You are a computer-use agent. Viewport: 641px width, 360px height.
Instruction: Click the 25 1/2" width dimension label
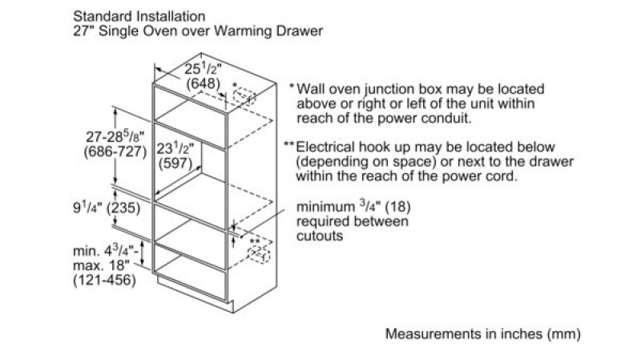click(203, 69)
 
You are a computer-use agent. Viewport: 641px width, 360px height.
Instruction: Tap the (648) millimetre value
click(204, 83)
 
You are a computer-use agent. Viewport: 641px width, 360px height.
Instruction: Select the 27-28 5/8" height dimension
click(115, 136)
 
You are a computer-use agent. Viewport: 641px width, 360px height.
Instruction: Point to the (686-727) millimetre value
click(115, 152)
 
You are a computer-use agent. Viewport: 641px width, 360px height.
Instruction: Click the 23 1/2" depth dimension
click(175, 148)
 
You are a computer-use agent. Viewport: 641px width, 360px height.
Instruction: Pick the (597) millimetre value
click(175, 164)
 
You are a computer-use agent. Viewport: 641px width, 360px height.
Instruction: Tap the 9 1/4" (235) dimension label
click(107, 208)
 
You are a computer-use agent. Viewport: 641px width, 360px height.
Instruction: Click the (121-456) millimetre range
click(104, 281)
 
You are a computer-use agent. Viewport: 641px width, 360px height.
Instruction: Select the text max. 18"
click(101, 265)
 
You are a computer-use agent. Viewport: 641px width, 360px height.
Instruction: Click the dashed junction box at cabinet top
click(244, 96)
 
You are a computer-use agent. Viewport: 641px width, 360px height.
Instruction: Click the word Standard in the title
click(103, 16)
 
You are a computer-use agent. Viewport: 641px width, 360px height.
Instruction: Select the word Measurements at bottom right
click(433, 334)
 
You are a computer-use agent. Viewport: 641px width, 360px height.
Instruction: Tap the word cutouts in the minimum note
click(320, 236)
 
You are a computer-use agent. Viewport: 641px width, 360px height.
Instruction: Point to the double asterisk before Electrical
click(289, 144)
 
